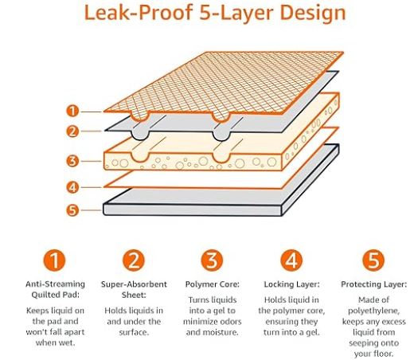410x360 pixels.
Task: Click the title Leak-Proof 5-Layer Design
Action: [215, 13]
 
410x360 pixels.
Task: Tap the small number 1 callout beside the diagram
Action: [72, 111]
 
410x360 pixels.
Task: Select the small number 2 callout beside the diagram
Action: [72, 131]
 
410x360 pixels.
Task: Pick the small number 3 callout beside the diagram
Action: [72, 161]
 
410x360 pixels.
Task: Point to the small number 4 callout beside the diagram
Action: [72, 187]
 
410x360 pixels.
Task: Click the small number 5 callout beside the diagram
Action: [72, 210]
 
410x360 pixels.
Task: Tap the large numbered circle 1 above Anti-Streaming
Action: [54, 260]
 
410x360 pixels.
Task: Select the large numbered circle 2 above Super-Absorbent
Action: [134, 260]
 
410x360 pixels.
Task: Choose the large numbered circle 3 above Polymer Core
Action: [212, 260]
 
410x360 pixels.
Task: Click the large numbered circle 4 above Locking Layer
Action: [291, 260]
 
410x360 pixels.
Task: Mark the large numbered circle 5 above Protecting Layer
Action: [373, 260]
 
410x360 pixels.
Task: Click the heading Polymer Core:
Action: [213, 284]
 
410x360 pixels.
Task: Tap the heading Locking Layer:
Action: [291, 284]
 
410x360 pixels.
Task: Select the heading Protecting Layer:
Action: [373, 284]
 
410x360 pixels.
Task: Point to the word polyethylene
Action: [373, 311]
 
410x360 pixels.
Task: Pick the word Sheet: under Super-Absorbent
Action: [134, 295]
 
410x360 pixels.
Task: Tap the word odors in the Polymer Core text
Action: [229, 322]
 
